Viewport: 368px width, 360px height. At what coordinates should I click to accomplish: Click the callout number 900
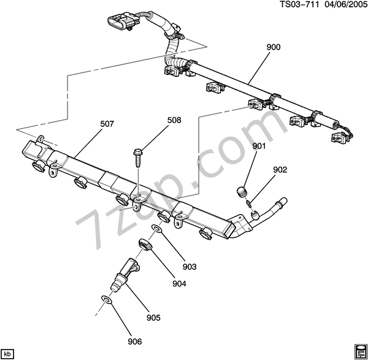[x=274, y=47]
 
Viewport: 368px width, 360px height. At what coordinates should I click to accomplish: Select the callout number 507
[x=107, y=124]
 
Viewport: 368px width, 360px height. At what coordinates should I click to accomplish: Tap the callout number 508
[x=174, y=120]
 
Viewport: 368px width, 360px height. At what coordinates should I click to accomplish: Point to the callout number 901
[x=259, y=146]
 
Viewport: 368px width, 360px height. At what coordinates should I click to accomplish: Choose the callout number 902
[x=280, y=169]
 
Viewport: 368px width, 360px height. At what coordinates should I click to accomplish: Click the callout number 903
[x=190, y=267]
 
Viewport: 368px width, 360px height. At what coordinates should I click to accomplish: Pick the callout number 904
[x=179, y=284]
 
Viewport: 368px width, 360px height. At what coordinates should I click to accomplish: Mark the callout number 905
[x=153, y=318]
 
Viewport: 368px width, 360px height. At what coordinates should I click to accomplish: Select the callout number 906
[x=135, y=342]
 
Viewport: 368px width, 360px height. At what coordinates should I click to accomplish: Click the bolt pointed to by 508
[x=138, y=158]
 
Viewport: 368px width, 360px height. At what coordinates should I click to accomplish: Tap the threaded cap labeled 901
[x=242, y=191]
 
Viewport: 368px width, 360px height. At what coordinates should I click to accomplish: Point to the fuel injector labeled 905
[x=125, y=274]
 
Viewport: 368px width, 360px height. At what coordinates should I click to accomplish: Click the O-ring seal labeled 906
[x=106, y=299]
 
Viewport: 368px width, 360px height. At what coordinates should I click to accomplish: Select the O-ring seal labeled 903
[x=157, y=228]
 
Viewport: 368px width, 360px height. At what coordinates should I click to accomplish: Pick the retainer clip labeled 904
[x=145, y=244]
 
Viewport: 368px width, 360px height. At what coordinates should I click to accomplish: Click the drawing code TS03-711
[x=299, y=4]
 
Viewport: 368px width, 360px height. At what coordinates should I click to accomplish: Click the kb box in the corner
[x=7, y=353]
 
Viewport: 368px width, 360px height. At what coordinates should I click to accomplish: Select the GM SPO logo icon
[x=360, y=352]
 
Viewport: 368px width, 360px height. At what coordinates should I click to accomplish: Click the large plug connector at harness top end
[x=121, y=22]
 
